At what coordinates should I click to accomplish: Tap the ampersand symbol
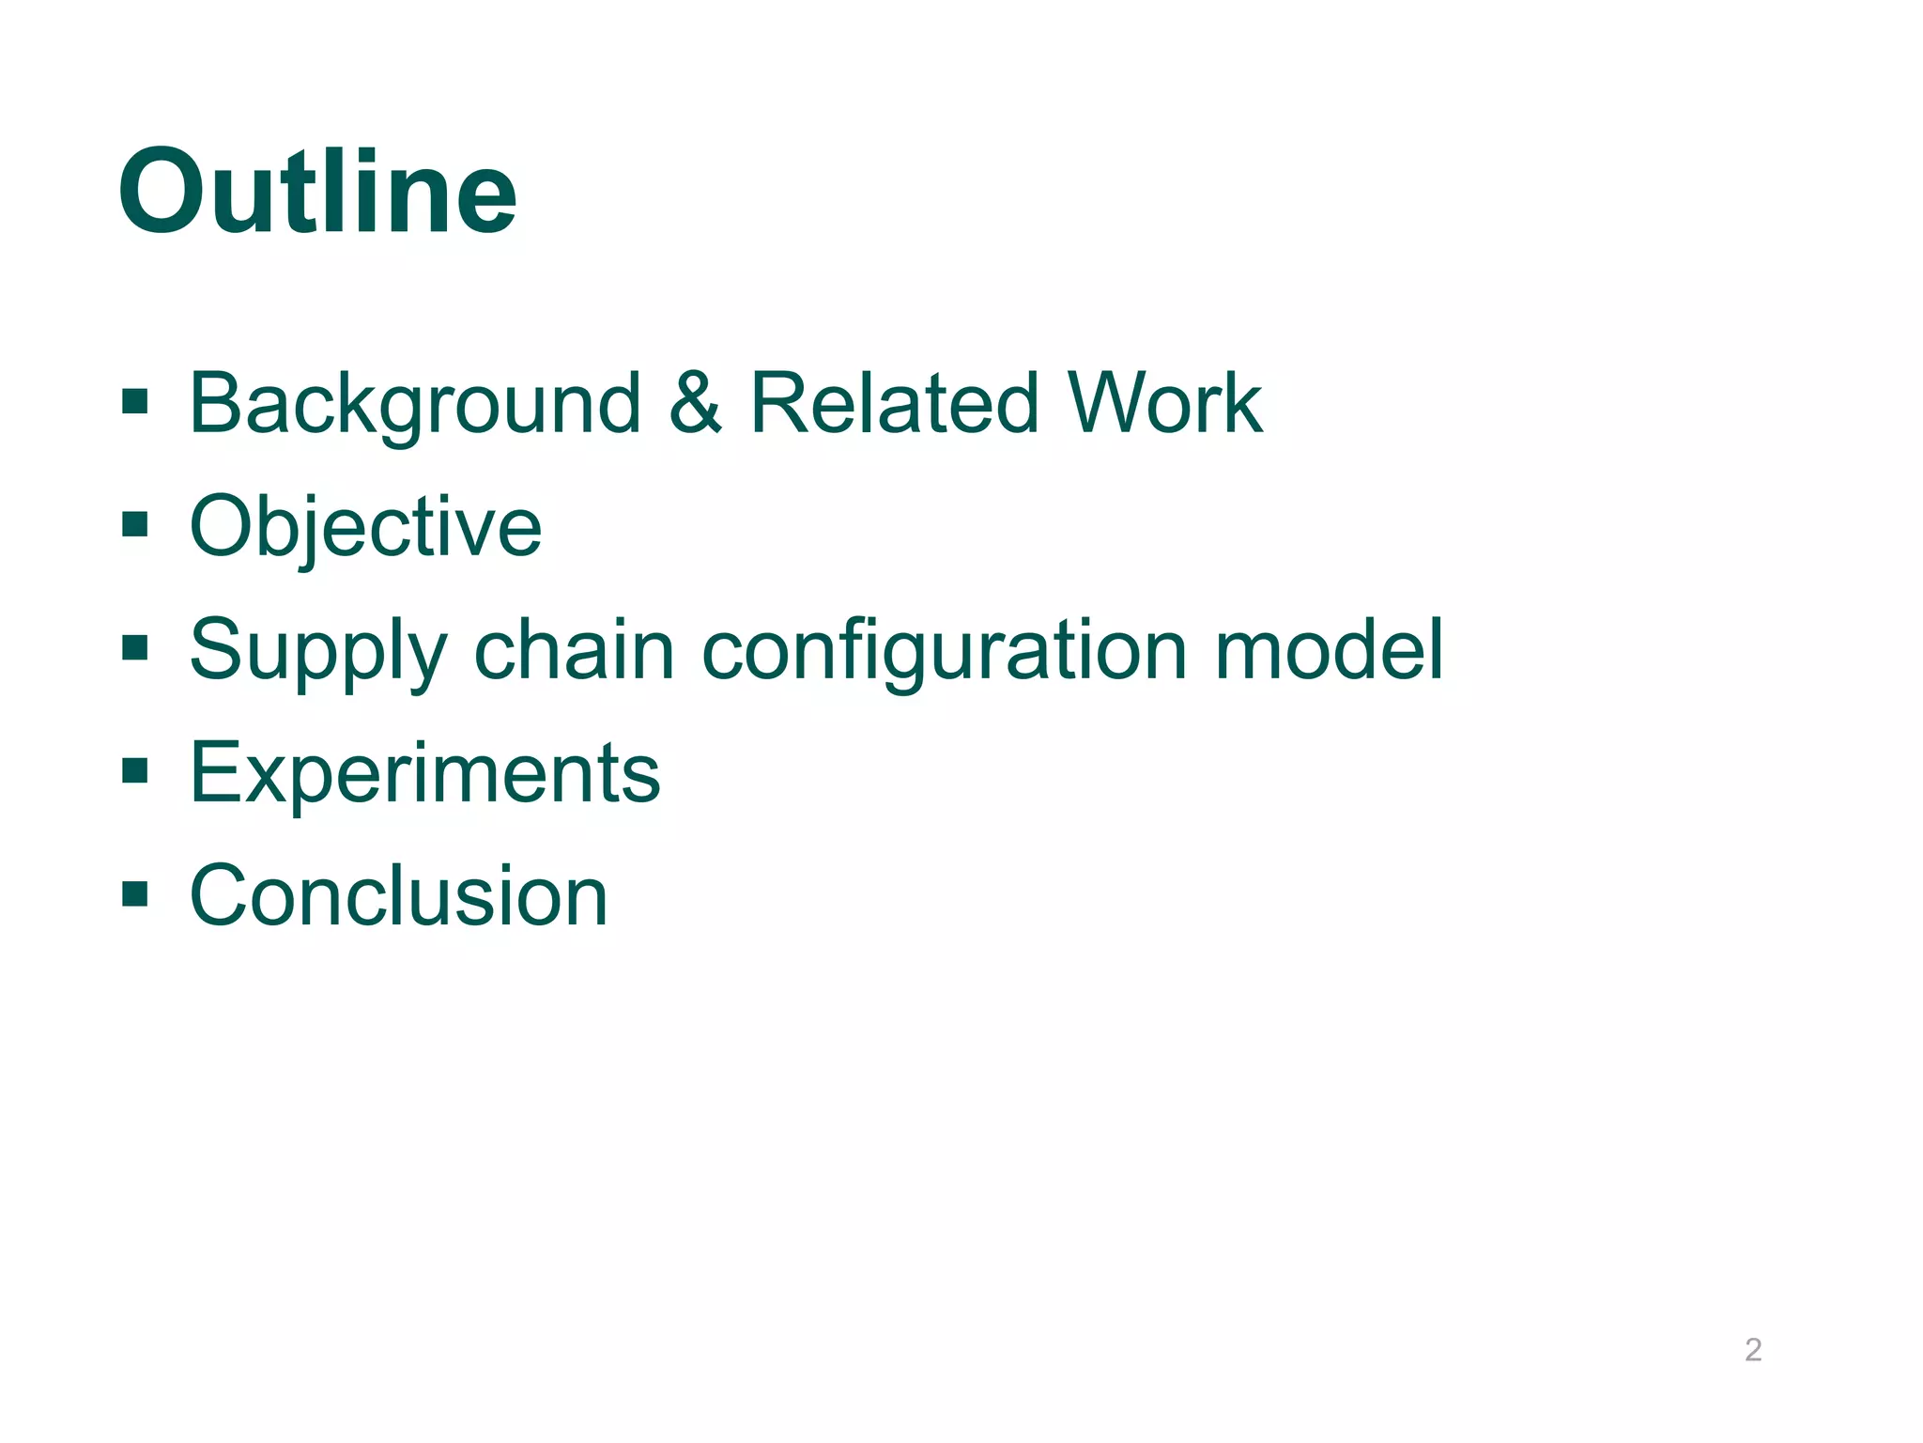[x=696, y=404]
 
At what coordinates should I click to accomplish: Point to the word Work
[x=1164, y=404]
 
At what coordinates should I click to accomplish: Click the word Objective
[x=365, y=527]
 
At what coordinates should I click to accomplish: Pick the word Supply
[x=317, y=651]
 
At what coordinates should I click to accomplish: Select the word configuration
[x=945, y=651]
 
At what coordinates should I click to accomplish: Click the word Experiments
[x=424, y=773]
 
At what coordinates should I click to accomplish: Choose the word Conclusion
[x=398, y=896]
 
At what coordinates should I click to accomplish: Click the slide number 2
[x=1752, y=1350]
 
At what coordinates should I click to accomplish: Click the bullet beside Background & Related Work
[x=135, y=402]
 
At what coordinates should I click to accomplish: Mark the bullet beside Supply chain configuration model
[x=135, y=647]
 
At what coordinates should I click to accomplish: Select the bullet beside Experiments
[x=135, y=771]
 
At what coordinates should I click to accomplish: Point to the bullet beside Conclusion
[x=135, y=893]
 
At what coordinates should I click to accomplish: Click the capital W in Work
[x=1115, y=404]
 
